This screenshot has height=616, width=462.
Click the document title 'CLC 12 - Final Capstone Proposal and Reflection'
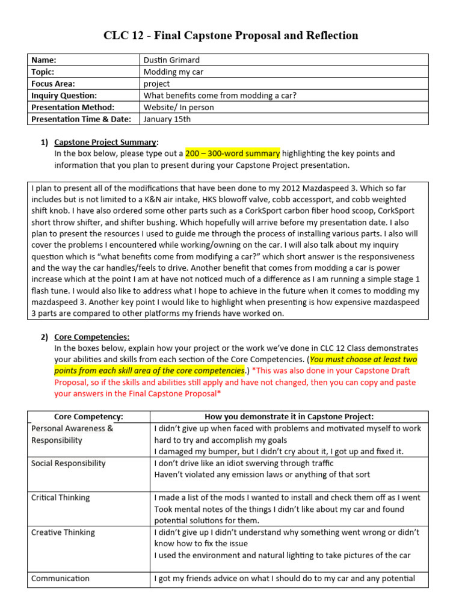pos(231,35)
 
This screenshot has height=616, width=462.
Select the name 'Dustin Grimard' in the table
pos(171,60)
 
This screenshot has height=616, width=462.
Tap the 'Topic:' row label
pos(43,72)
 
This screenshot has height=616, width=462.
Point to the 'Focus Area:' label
pos(53,84)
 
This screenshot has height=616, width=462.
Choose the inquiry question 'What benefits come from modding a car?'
pos(220,95)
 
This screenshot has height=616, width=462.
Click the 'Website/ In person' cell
pos(179,107)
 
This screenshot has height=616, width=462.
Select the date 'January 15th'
pos(167,119)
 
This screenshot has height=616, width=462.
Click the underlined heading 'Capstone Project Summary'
pos(105,142)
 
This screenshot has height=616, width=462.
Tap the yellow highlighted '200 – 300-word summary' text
pos(232,153)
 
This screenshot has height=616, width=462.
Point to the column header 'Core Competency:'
pos(88,417)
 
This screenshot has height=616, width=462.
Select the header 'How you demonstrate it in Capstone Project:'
pos(289,417)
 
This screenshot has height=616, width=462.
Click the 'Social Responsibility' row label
pos(68,463)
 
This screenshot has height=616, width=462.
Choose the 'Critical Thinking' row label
pos(60,497)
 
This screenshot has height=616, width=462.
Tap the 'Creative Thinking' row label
pos(63,532)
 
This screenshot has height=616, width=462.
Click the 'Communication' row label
pos(60,578)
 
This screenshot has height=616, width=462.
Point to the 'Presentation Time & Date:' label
pos(81,119)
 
